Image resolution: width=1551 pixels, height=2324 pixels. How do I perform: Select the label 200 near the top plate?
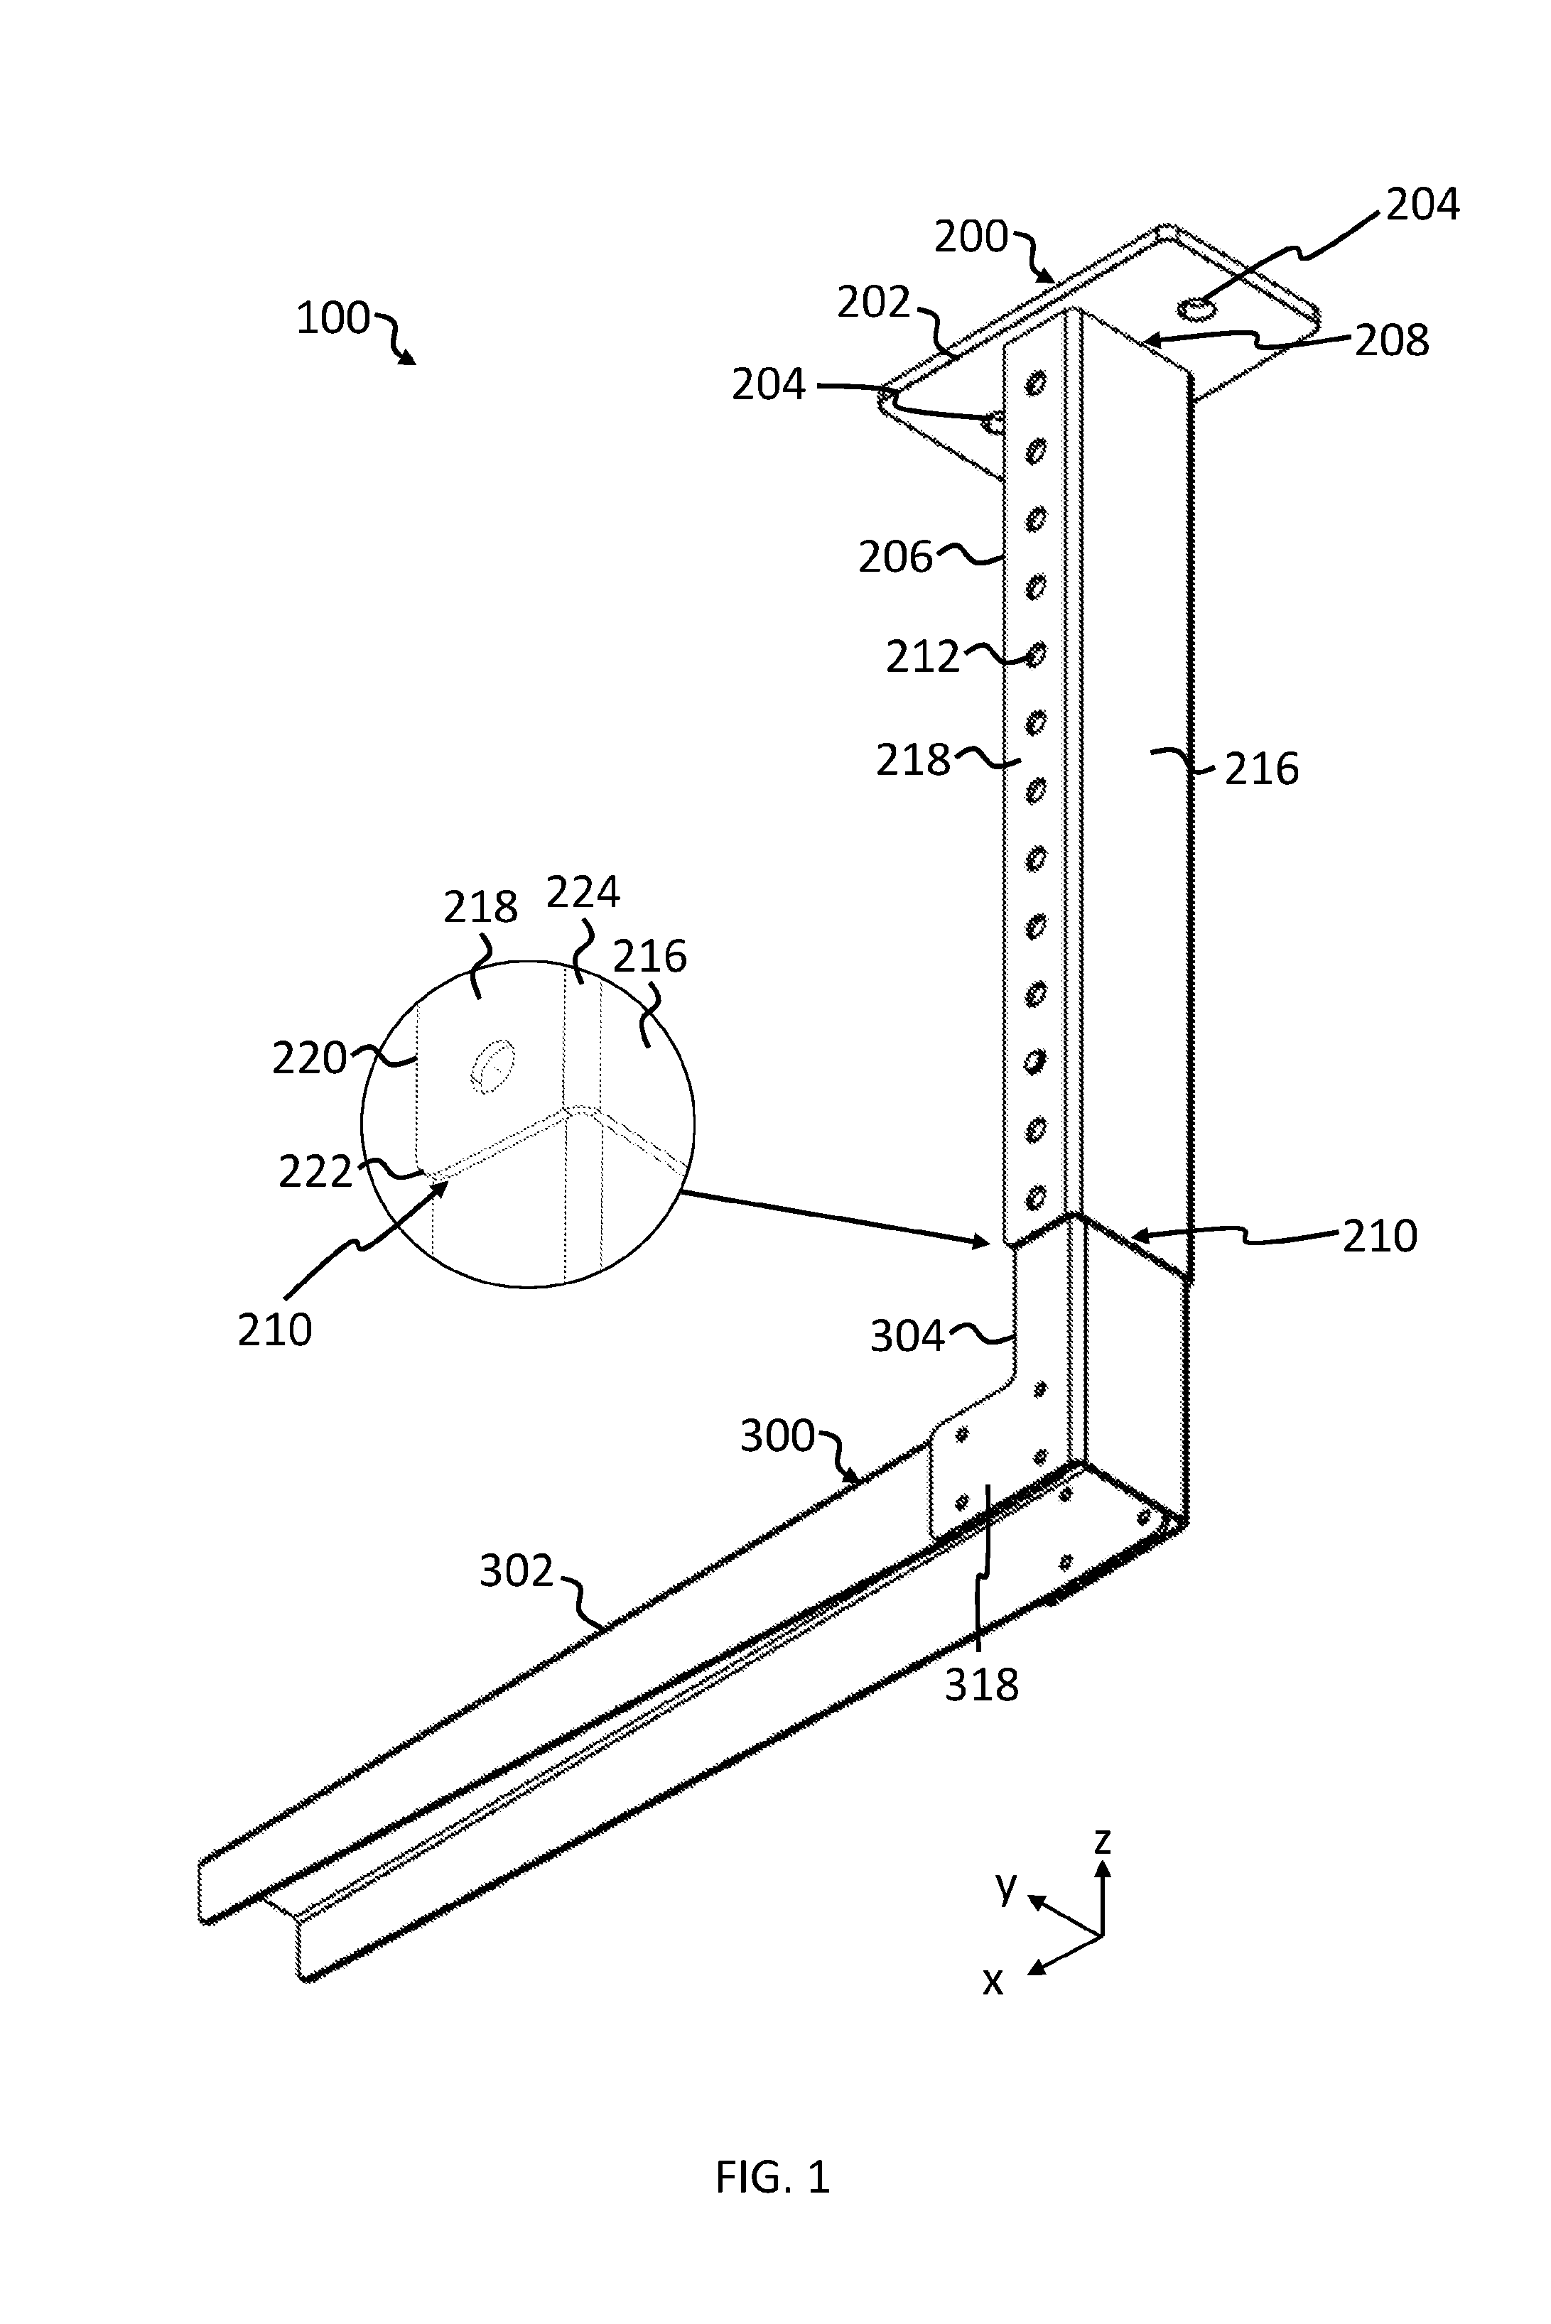coord(971,237)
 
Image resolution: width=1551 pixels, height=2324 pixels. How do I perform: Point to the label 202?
coord(873,303)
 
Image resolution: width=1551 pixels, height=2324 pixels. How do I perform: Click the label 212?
coord(923,658)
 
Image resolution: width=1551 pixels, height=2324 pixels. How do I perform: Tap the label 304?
coord(908,1337)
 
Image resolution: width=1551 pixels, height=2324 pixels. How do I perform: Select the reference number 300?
coord(777,1436)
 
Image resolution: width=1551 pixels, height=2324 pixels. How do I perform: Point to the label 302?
coord(517,1570)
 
